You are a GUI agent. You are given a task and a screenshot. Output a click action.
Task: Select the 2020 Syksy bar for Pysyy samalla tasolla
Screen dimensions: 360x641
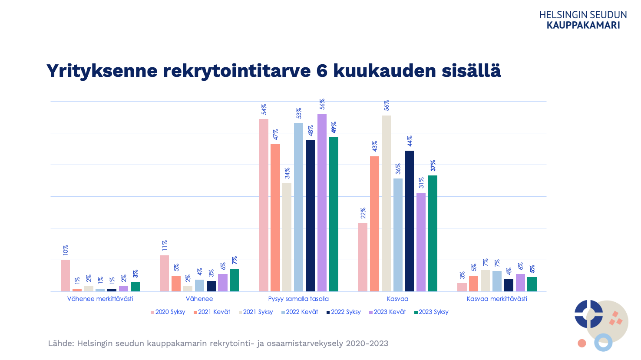point(264,205)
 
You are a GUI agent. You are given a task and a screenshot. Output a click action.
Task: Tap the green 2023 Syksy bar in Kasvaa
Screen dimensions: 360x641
point(433,233)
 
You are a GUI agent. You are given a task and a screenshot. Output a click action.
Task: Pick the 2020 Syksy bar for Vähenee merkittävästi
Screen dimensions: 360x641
point(65,276)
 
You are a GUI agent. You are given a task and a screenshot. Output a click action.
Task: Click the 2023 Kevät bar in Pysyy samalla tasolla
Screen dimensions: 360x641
point(322,202)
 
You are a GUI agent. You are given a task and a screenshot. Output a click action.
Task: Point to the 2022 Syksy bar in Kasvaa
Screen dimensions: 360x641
point(409,221)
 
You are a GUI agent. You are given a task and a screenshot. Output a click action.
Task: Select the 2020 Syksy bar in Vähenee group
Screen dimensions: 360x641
point(164,273)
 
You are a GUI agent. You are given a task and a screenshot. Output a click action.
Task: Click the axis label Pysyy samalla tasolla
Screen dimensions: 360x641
point(298,299)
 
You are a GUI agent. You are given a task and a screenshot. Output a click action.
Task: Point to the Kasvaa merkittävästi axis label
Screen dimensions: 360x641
point(497,299)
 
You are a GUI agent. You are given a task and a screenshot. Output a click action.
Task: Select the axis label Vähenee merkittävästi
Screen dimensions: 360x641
point(100,299)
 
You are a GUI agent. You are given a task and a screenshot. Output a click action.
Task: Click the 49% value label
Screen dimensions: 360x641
point(334,128)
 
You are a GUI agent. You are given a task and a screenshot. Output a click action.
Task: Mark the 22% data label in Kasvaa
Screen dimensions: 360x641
point(363,213)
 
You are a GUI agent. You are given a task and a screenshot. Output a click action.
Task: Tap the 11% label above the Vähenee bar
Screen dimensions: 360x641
point(165,246)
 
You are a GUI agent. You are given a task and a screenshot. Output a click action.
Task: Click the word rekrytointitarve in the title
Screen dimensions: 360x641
point(237,71)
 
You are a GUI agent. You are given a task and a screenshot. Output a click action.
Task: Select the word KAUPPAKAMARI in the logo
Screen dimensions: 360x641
point(583,25)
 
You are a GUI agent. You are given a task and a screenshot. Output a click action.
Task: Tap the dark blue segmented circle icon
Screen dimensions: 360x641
point(588,314)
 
